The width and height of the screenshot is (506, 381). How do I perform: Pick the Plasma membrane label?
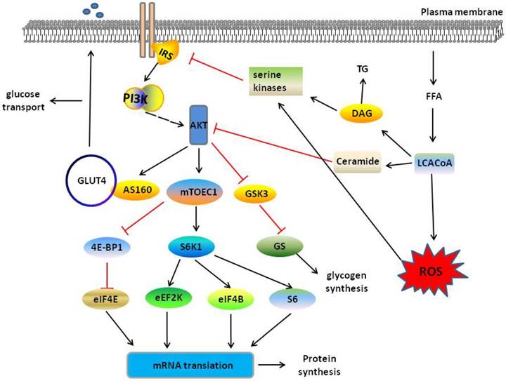click(x=460, y=13)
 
